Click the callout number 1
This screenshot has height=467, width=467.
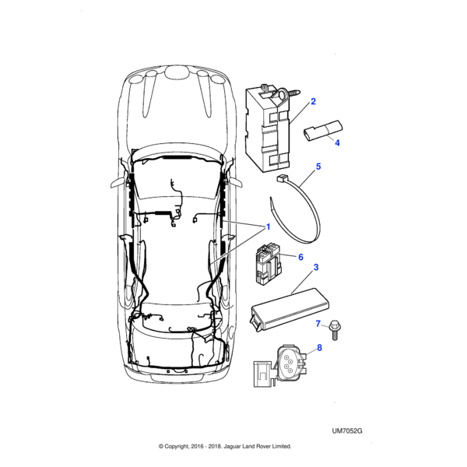click(268, 227)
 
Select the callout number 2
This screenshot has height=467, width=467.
click(313, 101)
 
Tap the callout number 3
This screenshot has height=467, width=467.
click(316, 267)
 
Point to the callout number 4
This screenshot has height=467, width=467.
click(337, 143)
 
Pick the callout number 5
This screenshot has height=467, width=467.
click(318, 167)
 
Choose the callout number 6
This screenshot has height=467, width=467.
click(300, 257)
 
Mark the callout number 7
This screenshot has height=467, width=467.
click(318, 324)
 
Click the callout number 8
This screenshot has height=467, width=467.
click(319, 348)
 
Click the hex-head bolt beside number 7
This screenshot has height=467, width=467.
click(335, 330)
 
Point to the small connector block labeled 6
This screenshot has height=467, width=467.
click(268, 263)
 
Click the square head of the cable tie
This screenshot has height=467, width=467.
click(281, 179)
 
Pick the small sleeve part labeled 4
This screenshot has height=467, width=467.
click(322, 130)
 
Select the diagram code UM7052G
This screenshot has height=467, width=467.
click(347, 431)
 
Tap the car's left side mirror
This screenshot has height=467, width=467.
click(118, 182)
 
